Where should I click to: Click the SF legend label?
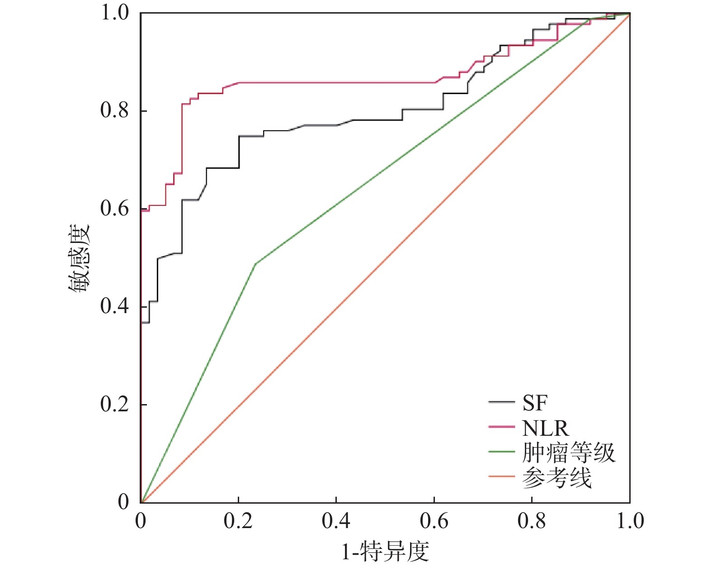[535, 403]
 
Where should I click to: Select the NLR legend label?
[545, 428]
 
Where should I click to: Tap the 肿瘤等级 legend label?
[569, 452]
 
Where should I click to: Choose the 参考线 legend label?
[556, 477]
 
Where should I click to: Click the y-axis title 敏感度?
[79, 258]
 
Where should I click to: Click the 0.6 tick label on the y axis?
[114, 209]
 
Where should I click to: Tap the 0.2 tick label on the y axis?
[114, 404]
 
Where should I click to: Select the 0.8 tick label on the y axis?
[114, 111]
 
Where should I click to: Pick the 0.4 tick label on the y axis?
[114, 306]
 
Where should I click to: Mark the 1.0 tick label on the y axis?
[114, 13]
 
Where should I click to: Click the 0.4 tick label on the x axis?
[336, 521]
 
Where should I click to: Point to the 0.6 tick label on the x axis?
[434, 521]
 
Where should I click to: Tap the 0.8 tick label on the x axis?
[532, 521]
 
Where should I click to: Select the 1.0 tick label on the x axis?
[630, 521]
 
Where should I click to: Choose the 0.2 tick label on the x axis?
[238, 521]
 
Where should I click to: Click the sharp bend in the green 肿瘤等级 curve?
[255, 263]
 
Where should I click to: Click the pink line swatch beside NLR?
[501, 427]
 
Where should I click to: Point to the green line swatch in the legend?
[501, 452]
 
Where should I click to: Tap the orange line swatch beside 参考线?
[501, 476]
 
